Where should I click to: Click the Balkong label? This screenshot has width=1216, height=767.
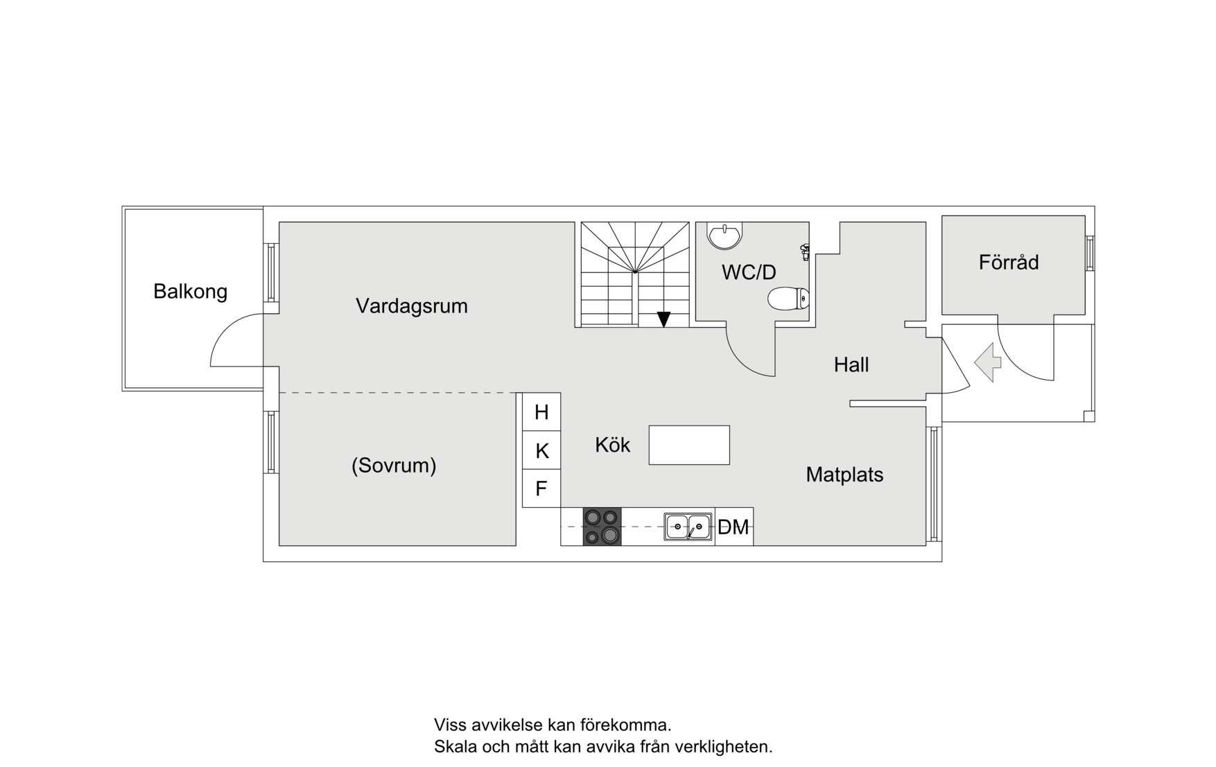point(190,291)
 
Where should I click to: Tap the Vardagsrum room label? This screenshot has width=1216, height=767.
point(411,306)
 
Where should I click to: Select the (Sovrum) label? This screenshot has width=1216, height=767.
point(394,465)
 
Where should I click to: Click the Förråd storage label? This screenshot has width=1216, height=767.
point(1009,263)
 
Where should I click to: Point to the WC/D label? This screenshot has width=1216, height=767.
point(749,272)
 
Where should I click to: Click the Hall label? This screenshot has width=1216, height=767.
point(851,364)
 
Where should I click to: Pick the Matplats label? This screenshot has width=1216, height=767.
point(844,475)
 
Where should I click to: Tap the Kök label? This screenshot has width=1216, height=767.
point(612,445)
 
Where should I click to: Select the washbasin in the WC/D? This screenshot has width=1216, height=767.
point(724,235)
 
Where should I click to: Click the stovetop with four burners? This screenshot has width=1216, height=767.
point(602,527)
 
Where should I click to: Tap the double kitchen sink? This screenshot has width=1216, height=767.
point(688,527)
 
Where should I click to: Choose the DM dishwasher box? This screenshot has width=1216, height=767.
point(733,527)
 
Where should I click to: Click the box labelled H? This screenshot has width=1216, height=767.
point(541,412)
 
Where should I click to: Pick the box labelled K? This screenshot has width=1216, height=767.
point(541,451)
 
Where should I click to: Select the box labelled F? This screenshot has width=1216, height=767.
point(541,488)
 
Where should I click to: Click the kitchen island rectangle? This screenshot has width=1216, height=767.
point(689,445)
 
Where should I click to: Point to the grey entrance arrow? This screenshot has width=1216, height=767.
point(988,362)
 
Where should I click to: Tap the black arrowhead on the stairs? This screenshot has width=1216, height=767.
point(663,319)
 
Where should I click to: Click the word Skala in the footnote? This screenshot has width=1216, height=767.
point(453,747)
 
